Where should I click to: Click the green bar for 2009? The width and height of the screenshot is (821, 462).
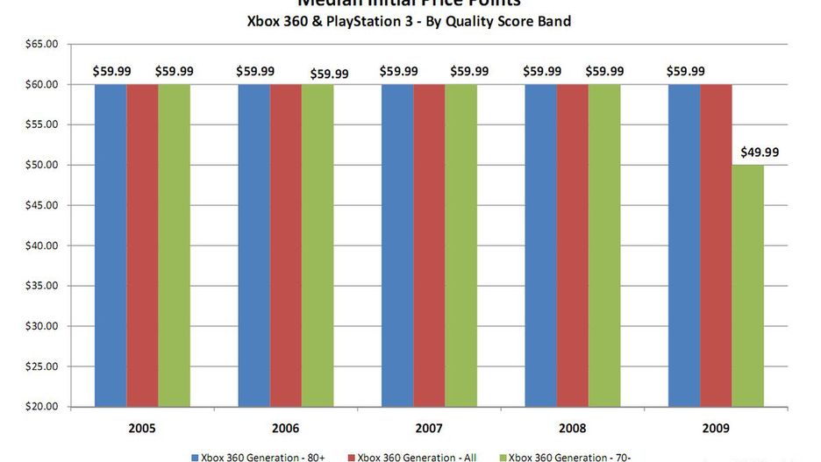(x=748, y=285)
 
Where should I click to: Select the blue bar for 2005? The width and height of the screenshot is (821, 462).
(x=111, y=245)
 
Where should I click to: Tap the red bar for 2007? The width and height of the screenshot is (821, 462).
(x=429, y=245)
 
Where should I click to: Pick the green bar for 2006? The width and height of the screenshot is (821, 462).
(x=318, y=245)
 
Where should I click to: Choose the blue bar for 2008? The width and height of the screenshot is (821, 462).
(x=540, y=245)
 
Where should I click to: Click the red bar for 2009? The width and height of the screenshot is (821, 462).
(x=716, y=245)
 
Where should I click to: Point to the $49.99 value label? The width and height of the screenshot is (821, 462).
(x=760, y=152)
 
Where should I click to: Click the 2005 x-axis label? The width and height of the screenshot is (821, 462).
(x=142, y=429)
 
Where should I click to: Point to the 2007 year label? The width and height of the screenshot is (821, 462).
(x=429, y=429)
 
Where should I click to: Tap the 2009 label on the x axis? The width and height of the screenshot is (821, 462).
(x=716, y=429)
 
